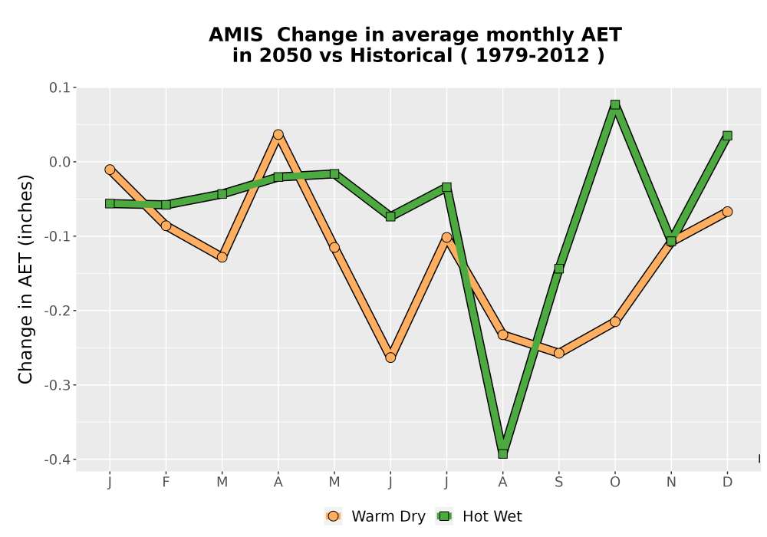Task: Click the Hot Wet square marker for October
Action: click(615, 104)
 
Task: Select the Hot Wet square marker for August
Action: click(503, 454)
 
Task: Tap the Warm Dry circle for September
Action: click(558, 353)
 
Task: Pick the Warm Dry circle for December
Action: click(727, 211)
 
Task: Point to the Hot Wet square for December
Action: click(727, 136)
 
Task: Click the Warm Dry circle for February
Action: click(166, 226)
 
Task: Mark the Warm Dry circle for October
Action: click(615, 321)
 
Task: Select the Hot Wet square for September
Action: click(558, 268)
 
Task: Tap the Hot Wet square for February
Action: click(166, 204)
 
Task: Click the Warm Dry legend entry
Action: click(375, 516)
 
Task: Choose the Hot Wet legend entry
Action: click(479, 516)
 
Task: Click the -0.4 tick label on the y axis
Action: click(58, 460)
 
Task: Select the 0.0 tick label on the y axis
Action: click(59, 163)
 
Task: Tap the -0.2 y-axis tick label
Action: click(58, 311)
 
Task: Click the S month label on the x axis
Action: click(558, 483)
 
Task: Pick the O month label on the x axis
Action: click(615, 483)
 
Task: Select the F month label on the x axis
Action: click(166, 483)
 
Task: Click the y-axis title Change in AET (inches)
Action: click(25, 279)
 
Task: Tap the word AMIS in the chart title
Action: click(235, 35)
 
